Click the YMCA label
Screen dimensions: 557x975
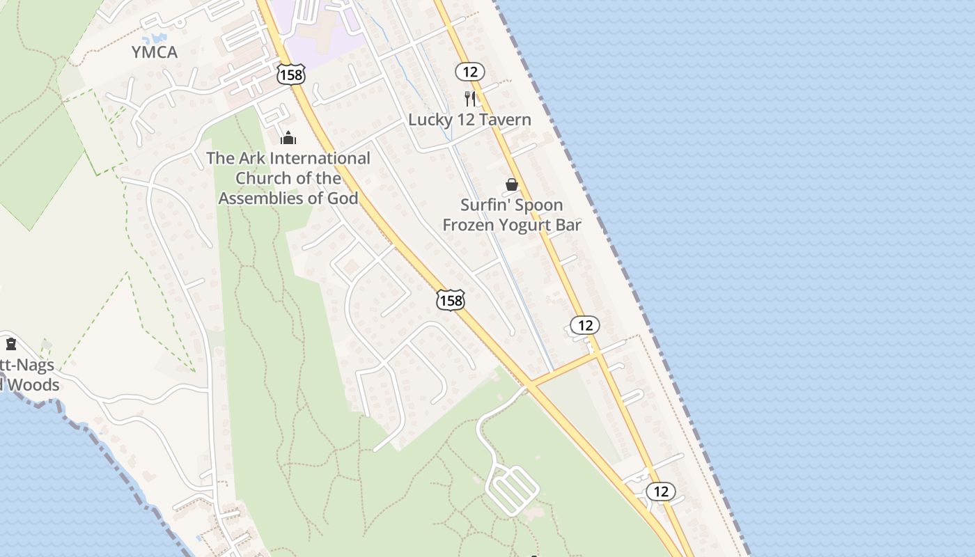click(x=155, y=52)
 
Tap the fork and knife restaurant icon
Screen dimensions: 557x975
click(x=470, y=98)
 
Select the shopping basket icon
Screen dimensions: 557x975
click(x=512, y=185)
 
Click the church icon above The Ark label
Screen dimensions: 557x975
click(x=288, y=138)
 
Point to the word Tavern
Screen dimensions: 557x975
click(x=503, y=120)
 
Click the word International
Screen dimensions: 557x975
click(x=318, y=159)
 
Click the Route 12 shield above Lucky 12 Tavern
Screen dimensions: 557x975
click(x=470, y=71)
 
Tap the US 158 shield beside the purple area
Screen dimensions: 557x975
click(x=290, y=74)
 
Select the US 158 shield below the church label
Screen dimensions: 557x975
click(x=451, y=300)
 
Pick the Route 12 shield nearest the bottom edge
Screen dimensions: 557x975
click(x=661, y=492)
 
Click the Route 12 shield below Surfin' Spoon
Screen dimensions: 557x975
click(x=584, y=325)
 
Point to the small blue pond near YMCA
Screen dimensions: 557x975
click(x=155, y=38)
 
